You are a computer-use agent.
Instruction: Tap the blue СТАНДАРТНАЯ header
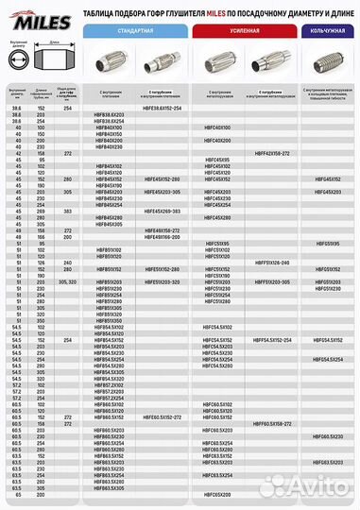coord(136,30)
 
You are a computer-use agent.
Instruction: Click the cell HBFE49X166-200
coord(163,235)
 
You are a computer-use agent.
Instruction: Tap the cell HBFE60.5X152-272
coord(163,417)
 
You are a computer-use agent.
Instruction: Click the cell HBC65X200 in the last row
coord(217,495)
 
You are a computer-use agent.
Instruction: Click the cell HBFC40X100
coord(217,127)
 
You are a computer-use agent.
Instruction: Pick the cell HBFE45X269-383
coord(163,211)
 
